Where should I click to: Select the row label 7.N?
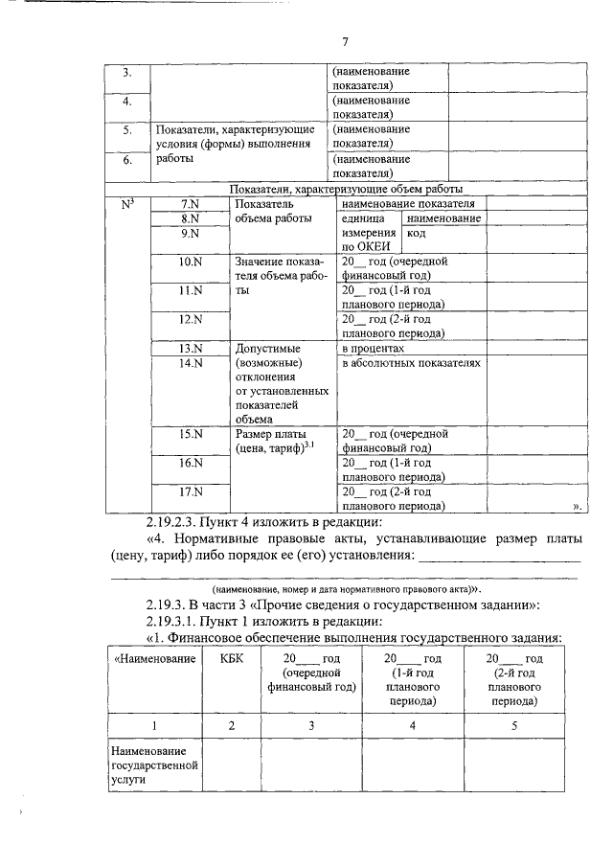point(191,204)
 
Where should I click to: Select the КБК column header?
point(231,659)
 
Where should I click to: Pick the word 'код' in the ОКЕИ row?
point(416,233)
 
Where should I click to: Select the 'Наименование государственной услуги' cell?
point(153,765)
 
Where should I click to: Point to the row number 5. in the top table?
point(127,129)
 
